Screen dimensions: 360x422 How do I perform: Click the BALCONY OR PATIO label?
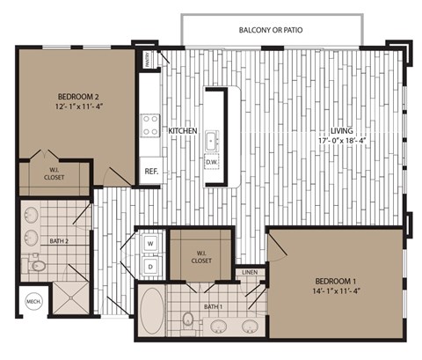pos(271,30)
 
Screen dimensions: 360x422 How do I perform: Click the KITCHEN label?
pos(183,131)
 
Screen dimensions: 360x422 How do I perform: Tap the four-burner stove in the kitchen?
pos(149,124)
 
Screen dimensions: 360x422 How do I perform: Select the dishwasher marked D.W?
pos(211,162)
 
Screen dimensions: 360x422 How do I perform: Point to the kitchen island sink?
pos(211,139)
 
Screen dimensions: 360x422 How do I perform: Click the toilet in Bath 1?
pos(187,319)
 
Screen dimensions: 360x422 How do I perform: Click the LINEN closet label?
pos(250,273)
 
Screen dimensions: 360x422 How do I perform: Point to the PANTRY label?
pos(148,60)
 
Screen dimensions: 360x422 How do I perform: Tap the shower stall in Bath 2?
pos(71,298)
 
